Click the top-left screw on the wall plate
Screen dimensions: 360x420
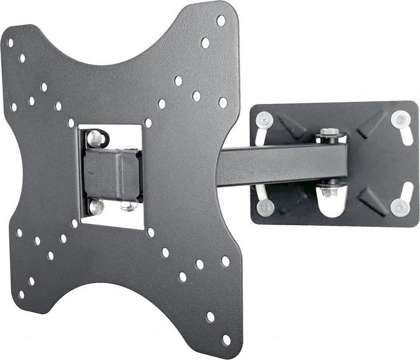(x=264, y=120)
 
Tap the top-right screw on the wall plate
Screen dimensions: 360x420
(x=400, y=120)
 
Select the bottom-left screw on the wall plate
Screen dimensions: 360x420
(x=265, y=206)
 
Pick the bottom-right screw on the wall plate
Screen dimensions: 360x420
(x=400, y=207)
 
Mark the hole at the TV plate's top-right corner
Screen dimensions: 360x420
(x=220, y=20)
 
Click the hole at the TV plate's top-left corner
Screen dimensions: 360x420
(x=10, y=43)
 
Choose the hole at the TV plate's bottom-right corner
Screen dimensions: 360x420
(x=226, y=339)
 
